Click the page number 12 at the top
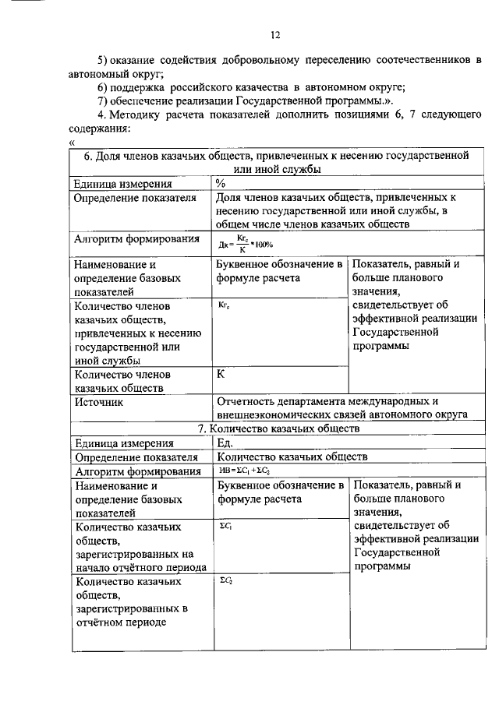[x=274, y=34]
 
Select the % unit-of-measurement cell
[x=221, y=184]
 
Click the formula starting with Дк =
[x=245, y=244]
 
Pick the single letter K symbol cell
[x=221, y=373]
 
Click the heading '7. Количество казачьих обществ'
[x=278, y=428]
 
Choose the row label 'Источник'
[x=99, y=403]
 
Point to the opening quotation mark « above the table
[x=72, y=142]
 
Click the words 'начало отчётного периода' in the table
[x=140, y=567]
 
